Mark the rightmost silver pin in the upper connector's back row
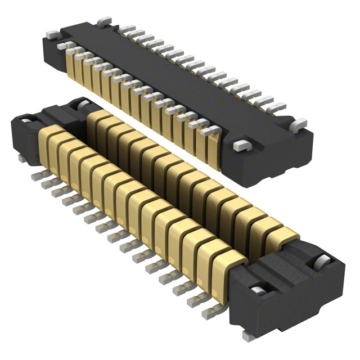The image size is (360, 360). (277, 107)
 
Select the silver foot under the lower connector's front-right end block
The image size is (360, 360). (247, 335)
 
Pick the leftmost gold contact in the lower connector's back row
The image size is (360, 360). (97, 121)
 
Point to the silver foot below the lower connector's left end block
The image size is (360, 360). (21, 159)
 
